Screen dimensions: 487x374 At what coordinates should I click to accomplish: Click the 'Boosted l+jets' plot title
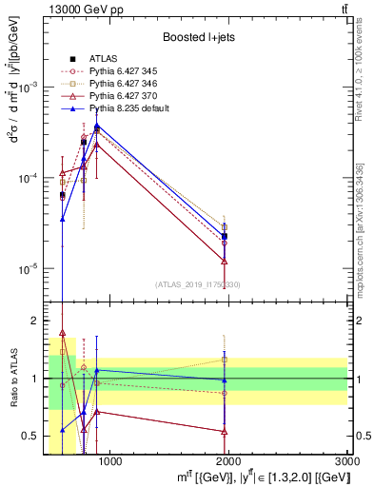click(198, 38)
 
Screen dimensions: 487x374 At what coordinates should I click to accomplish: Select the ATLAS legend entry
click(105, 58)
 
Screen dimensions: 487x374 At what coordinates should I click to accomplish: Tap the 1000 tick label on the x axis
click(109, 461)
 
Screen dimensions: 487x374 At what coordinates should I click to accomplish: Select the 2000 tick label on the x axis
click(228, 461)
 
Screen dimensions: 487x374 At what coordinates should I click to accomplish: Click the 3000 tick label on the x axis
click(346, 461)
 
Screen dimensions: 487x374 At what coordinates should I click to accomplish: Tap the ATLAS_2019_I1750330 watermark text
click(198, 284)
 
